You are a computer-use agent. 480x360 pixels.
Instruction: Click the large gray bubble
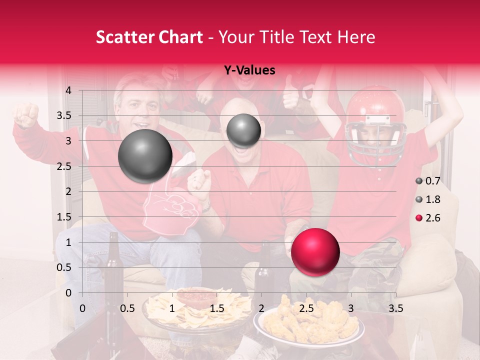pyautogui.click(x=145, y=156)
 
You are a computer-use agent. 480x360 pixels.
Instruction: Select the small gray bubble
pyautogui.click(x=243, y=130)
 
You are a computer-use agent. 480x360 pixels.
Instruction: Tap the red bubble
pyautogui.click(x=315, y=252)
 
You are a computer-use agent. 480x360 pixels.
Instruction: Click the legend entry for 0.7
pyautogui.click(x=427, y=181)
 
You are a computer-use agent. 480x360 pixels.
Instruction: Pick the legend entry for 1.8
pyautogui.click(x=427, y=199)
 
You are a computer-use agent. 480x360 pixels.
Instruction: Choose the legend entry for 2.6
pyautogui.click(x=427, y=218)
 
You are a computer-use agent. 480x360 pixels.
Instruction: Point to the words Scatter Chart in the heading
pyautogui.click(x=149, y=37)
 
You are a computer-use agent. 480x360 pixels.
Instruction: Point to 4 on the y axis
pyautogui.click(x=68, y=90)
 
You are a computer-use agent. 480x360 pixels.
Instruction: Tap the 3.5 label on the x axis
pyautogui.click(x=395, y=308)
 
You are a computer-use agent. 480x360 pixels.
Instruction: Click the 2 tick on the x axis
pyautogui.click(x=261, y=308)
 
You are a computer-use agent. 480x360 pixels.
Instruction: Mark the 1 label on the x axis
pyautogui.click(x=172, y=308)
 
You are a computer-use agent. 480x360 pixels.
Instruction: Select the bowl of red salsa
pyautogui.click(x=194, y=297)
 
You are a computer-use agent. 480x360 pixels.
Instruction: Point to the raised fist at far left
pyautogui.click(x=26, y=114)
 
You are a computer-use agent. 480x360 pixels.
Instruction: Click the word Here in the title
pyautogui.click(x=356, y=37)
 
